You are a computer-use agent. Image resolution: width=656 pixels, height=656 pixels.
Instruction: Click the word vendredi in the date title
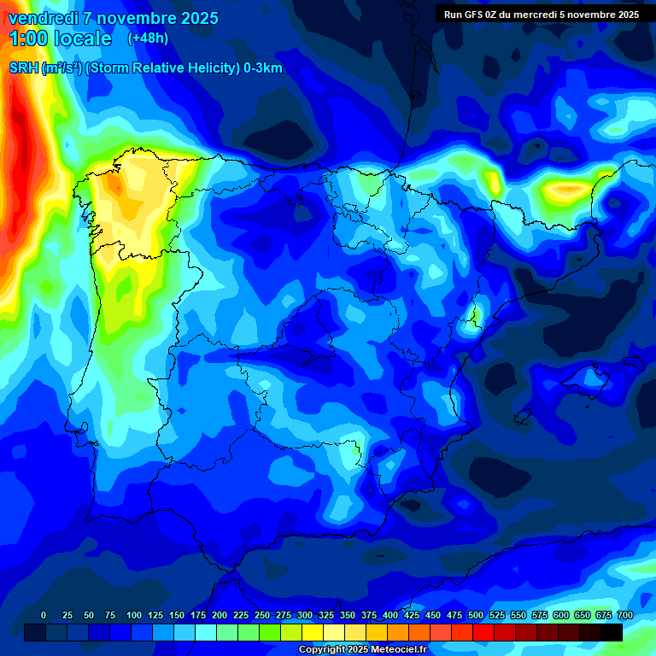38,18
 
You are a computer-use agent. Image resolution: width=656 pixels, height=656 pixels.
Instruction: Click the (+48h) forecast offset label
148,38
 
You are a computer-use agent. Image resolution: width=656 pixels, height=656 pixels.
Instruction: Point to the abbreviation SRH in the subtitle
24,68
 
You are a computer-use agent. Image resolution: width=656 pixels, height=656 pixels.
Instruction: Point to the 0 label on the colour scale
44,615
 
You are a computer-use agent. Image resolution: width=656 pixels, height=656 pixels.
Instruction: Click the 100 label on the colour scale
133,615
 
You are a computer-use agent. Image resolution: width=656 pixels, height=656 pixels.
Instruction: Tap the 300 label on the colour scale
304,615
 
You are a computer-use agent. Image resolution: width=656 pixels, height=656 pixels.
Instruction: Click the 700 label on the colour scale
624,615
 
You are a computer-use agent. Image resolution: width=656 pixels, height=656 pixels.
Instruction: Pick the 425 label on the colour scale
411,615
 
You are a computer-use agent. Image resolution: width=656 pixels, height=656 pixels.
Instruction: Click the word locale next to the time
82,38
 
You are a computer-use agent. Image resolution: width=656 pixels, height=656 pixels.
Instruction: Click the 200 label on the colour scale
219,615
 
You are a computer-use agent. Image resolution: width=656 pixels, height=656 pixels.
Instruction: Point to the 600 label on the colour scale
560,615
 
